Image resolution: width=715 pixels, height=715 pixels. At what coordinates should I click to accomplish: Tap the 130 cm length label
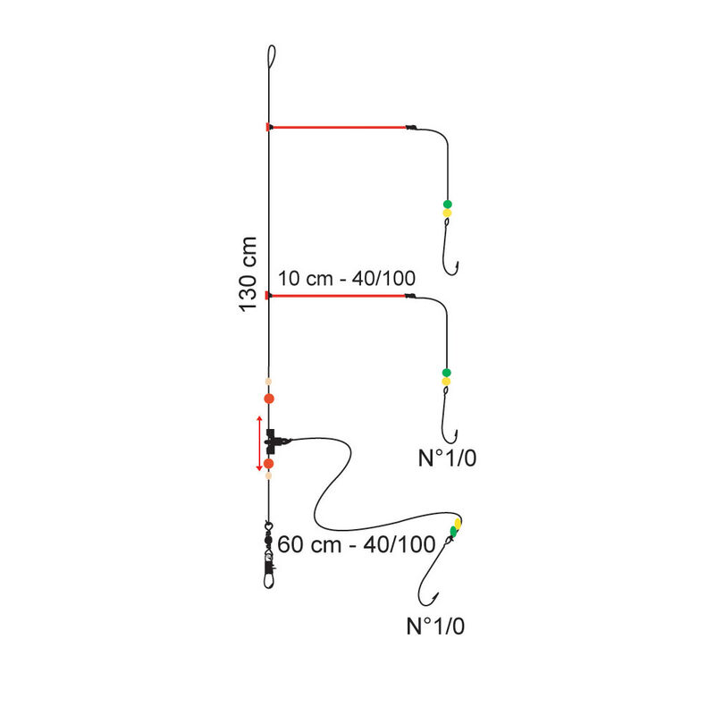click(248, 274)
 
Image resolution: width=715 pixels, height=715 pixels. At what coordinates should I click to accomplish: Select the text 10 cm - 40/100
click(347, 278)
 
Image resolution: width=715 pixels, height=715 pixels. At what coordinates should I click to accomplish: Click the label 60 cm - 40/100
click(356, 544)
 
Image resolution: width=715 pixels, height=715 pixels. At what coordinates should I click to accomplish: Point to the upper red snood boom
click(337, 127)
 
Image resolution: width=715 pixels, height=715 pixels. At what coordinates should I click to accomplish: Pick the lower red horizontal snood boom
click(337, 296)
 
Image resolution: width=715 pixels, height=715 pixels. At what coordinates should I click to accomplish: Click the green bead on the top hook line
click(448, 205)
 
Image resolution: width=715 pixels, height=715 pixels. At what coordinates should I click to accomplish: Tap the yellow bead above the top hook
click(448, 213)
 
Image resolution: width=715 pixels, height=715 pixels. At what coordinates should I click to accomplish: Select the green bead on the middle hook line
click(446, 373)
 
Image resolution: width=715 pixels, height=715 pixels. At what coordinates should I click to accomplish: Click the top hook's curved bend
click(450, 273)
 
